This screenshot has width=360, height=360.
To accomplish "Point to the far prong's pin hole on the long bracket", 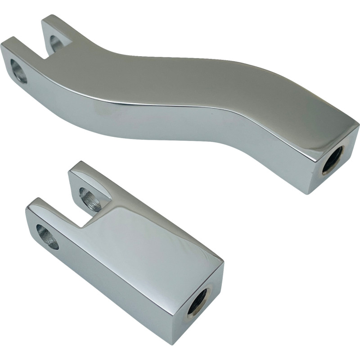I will point(56,42).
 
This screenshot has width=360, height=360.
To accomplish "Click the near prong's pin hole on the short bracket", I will point(47,236).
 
